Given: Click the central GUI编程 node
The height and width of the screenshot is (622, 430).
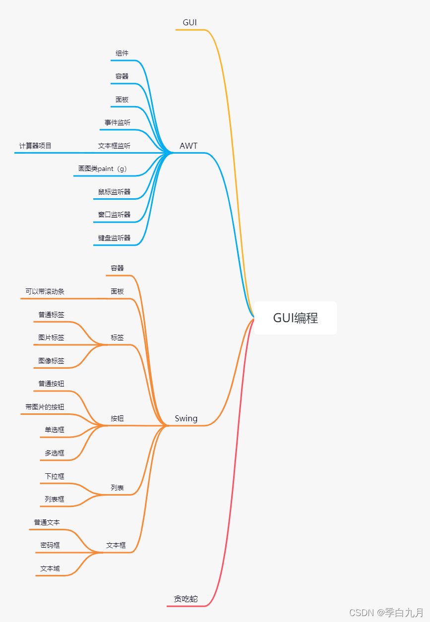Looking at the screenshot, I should point(295,318).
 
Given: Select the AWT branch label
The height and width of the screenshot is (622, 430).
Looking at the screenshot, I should point(188,146).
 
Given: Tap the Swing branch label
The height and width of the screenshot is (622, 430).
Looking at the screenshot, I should point(186,418).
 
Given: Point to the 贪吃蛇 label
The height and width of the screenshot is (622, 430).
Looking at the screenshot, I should point(185,599).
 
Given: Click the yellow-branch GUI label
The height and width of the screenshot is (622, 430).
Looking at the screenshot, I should point(190,22).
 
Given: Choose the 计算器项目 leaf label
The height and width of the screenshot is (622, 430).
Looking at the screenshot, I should point(35,146).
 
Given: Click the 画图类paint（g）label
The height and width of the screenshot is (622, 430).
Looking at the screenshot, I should point(103,169).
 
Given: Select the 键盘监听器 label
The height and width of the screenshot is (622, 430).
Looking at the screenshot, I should point(114,238).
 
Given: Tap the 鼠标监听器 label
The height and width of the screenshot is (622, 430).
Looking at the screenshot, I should point(114,192).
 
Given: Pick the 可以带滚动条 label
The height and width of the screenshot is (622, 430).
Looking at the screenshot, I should point(45,291).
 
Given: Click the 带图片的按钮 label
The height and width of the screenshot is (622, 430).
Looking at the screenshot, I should point(45,407).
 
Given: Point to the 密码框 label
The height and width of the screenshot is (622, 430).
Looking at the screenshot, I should point(50,545).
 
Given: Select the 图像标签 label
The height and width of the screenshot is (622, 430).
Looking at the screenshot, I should point(51,361).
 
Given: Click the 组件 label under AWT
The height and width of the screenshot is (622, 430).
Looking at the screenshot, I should point(122,53).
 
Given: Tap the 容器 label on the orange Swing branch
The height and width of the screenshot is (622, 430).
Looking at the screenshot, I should point(117,268).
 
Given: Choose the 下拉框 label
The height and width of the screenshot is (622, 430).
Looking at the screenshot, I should point(55,476).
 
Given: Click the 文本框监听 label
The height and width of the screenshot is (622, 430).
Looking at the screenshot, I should point(114,146).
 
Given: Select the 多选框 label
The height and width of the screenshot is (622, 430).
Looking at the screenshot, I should point(55,453).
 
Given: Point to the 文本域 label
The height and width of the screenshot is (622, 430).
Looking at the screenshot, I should point(50,568).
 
